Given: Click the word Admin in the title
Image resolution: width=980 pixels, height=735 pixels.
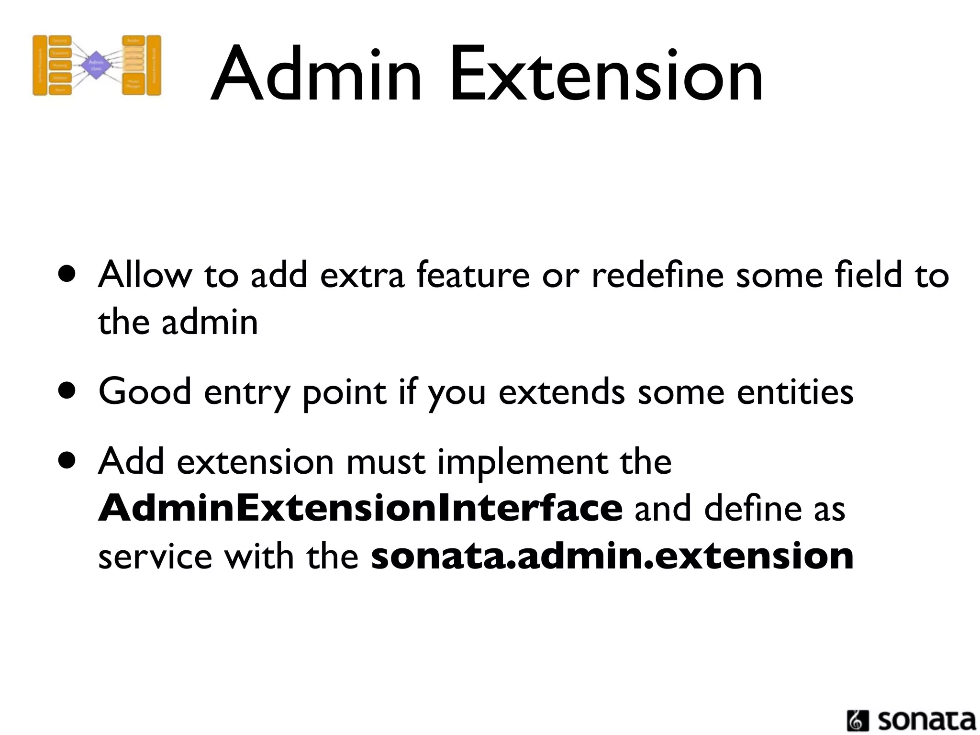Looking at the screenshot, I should tap(316, 74).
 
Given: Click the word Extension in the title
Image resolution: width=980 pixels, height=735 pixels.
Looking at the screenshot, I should tap(606, 74).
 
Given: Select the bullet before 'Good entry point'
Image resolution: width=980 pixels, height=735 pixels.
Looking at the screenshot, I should tap(67, 391).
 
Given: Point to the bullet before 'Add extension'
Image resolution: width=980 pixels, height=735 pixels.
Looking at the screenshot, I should tap(67, 461).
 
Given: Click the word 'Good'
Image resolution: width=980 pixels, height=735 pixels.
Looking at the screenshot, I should tap(145, 391).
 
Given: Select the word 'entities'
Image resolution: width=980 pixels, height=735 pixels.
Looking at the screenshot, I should tap(795, 391).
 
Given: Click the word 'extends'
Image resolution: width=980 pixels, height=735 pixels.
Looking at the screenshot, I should tap(561, 391).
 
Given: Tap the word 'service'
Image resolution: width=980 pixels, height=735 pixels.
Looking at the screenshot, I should tap(155, 557).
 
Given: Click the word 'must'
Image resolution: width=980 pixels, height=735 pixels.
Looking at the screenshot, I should tap(385, 462).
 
